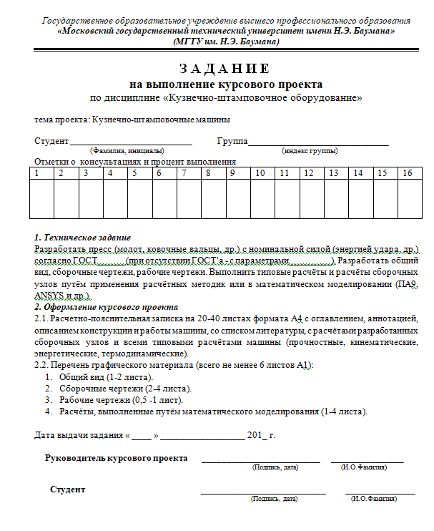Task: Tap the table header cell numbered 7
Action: tap(185, 173)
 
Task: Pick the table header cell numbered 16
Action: tap(407, 173)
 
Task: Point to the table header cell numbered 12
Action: tap(308, 173)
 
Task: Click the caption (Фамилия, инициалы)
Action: tap(127, 151)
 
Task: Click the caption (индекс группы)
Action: tap(310, 151)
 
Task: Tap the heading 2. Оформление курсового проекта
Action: tap(107, 307)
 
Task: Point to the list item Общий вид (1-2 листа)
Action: tap(106, 376)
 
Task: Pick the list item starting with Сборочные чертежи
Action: tap(125, 388)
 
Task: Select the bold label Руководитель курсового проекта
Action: tap(117, 458)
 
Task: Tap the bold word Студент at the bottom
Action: tap(68, 489)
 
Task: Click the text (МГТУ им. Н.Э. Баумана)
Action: tap(226, 42)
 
